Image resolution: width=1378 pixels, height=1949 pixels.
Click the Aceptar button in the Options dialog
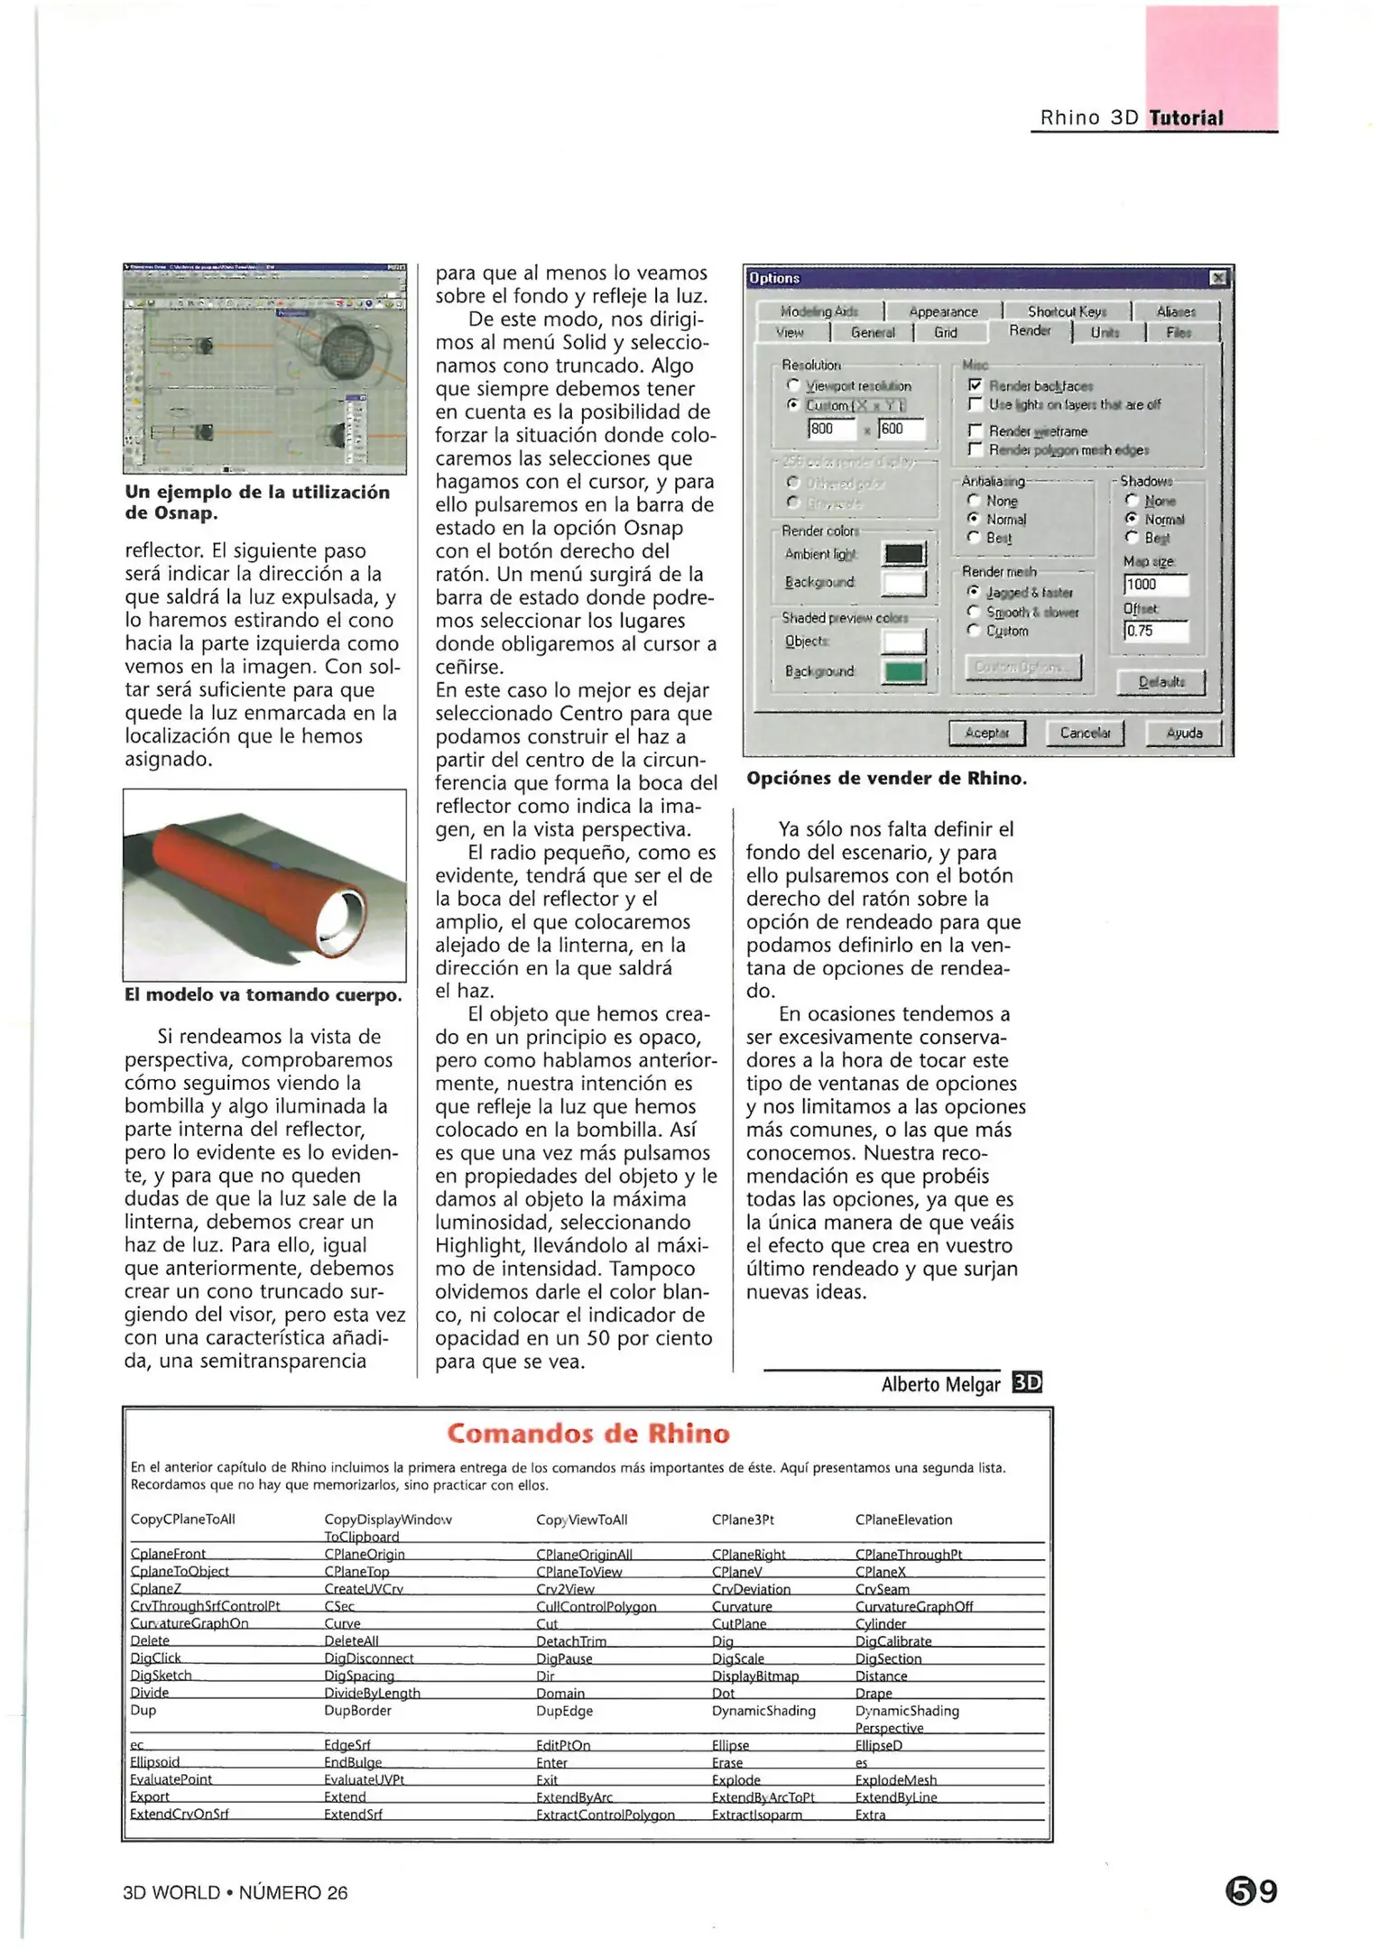click(x=986, y=733)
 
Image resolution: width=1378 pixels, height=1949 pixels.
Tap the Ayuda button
click(x=1182, y=733)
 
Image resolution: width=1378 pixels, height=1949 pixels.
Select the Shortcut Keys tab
click(x=1066, y=311)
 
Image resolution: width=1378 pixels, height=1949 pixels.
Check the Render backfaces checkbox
click(x=975, y=385)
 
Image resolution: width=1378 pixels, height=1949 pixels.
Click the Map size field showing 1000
click(x=1155, y=585)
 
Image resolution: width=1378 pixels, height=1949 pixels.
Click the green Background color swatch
click(x=903, y=671)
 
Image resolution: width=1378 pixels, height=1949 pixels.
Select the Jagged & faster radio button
click(x=974, y=592)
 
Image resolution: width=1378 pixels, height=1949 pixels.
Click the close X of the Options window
click(x=1217, y=278)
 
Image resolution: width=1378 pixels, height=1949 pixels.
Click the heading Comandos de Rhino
click(x=587, y=1433)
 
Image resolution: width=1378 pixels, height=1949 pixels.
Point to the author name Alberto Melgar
click(x=940, y=1384)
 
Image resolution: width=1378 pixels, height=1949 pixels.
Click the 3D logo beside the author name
click(x=1027, y=1382)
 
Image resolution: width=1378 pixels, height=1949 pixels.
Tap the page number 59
click(x=1252, y=1890)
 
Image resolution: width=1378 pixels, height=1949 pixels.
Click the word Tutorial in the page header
click(x=1186, y=118)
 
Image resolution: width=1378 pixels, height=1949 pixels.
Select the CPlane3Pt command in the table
click(x=743, y=1519)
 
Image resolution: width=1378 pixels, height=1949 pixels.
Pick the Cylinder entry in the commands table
click(x=880, y=1623)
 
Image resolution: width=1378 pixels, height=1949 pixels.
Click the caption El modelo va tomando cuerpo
click(x=263, y=994)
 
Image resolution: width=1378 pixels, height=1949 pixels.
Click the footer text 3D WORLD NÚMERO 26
click(x=235, y=1892)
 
